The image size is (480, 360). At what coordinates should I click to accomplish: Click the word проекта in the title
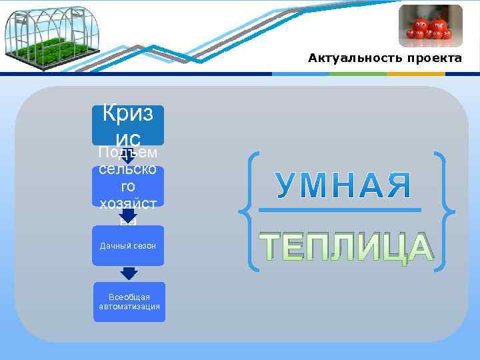point(432,59)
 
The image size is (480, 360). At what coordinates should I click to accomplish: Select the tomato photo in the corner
point(430,26)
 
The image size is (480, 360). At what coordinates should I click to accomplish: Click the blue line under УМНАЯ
point(339,211)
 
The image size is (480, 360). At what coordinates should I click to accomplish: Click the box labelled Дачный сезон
point(128,246)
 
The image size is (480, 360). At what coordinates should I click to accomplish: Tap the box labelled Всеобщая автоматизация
point(129,301)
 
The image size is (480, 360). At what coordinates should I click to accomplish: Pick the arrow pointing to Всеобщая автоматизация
point(129,273)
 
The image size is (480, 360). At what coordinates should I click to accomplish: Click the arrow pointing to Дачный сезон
point(128,216)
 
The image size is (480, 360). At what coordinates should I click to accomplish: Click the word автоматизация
point(129,307)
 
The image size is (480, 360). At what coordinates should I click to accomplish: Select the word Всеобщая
point(129,297)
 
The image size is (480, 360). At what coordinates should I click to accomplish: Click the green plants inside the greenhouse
point(44,51)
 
